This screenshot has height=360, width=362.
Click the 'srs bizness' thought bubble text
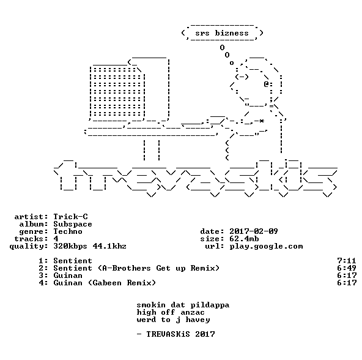(x=222, y=33)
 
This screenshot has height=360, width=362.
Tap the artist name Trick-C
(x=71, y=217)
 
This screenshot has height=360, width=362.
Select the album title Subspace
(x=73, y=224)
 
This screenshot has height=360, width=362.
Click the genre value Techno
(x=68, y=231)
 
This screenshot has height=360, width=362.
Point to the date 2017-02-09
(x=254, y=231)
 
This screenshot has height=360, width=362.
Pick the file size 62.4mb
(x=244, y=239)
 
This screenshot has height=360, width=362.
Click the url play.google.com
(x=266, y=247)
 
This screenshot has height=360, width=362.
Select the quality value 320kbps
(x=70, y=247)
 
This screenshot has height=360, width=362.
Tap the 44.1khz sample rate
(x=109, y=246)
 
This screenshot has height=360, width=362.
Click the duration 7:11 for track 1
(x=347, y=261)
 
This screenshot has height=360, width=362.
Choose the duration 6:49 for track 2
(x=347, y=268)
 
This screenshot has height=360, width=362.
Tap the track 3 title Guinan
(x=68, y=276)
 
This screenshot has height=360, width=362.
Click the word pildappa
(x=210, y=306)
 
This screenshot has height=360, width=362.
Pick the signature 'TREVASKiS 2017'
(x=181, y=334)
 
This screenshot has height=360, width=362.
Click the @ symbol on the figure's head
(x=267, y=84)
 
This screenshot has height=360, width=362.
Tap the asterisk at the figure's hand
(x=262, y=121)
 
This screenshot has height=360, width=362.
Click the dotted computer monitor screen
(x=117, y=92)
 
